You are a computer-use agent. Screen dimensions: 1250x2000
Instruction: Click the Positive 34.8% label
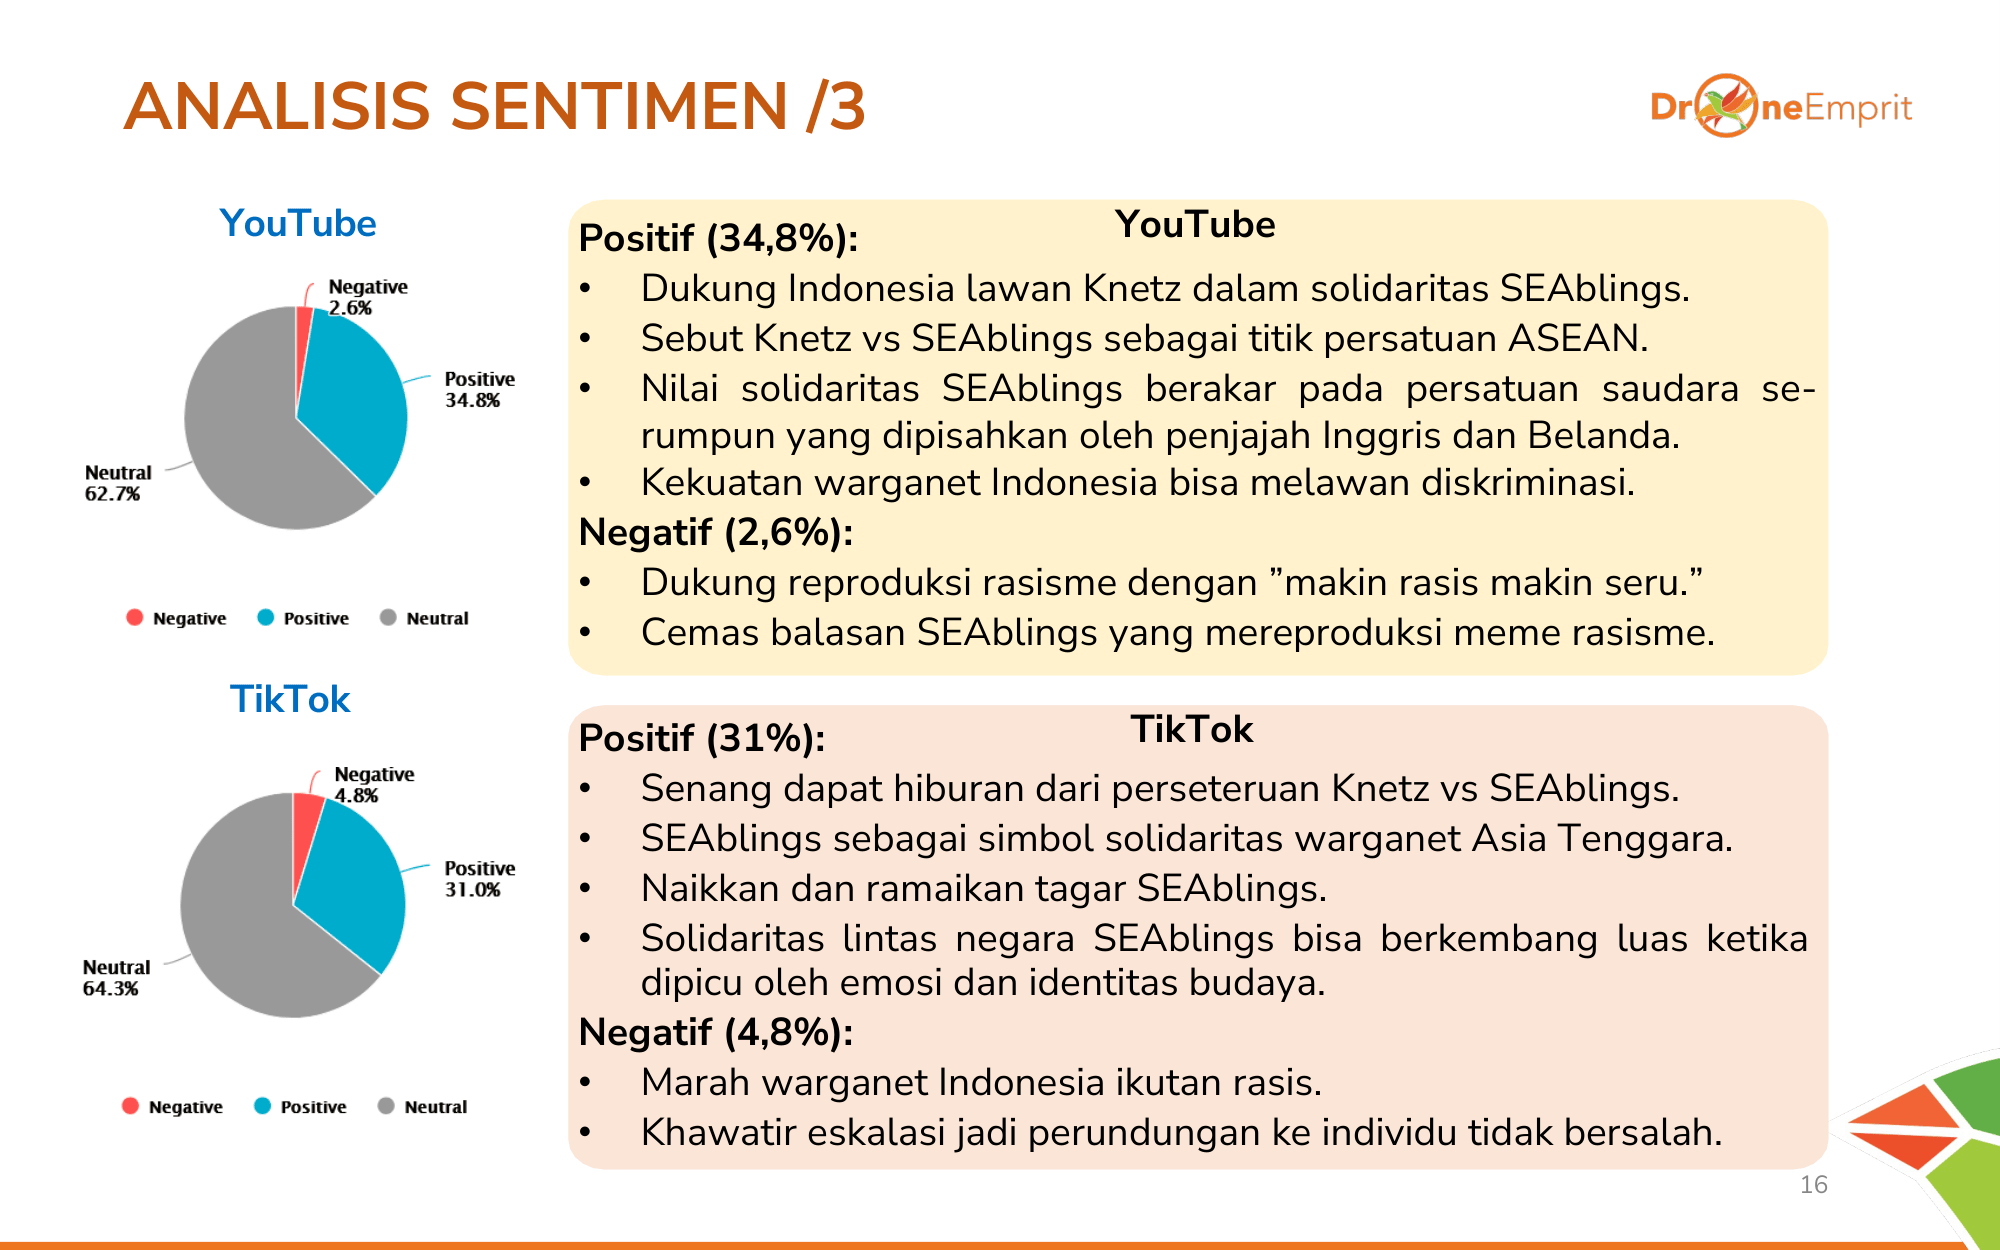[479, 389]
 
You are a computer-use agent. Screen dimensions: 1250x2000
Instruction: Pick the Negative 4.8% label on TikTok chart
[373, 785]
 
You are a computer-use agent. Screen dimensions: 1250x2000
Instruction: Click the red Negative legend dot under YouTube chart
[135, 617]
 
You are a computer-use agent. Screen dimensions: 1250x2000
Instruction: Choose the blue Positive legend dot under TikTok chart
[263, 1105]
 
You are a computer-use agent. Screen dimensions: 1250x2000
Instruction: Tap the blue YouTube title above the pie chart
[298, 223]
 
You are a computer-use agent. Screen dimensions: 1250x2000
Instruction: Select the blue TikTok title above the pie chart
[290, 699]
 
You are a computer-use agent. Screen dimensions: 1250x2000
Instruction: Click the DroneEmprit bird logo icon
[1726, 105]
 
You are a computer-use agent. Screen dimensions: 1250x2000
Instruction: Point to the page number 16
[1813, 1185]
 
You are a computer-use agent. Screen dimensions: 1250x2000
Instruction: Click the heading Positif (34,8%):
[718, 238]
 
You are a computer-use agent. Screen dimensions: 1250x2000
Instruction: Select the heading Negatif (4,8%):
[716, 1032]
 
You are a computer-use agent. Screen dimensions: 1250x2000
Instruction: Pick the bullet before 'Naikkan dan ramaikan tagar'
[586, 888]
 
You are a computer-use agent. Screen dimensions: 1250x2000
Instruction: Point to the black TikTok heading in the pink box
[1191, 729]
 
